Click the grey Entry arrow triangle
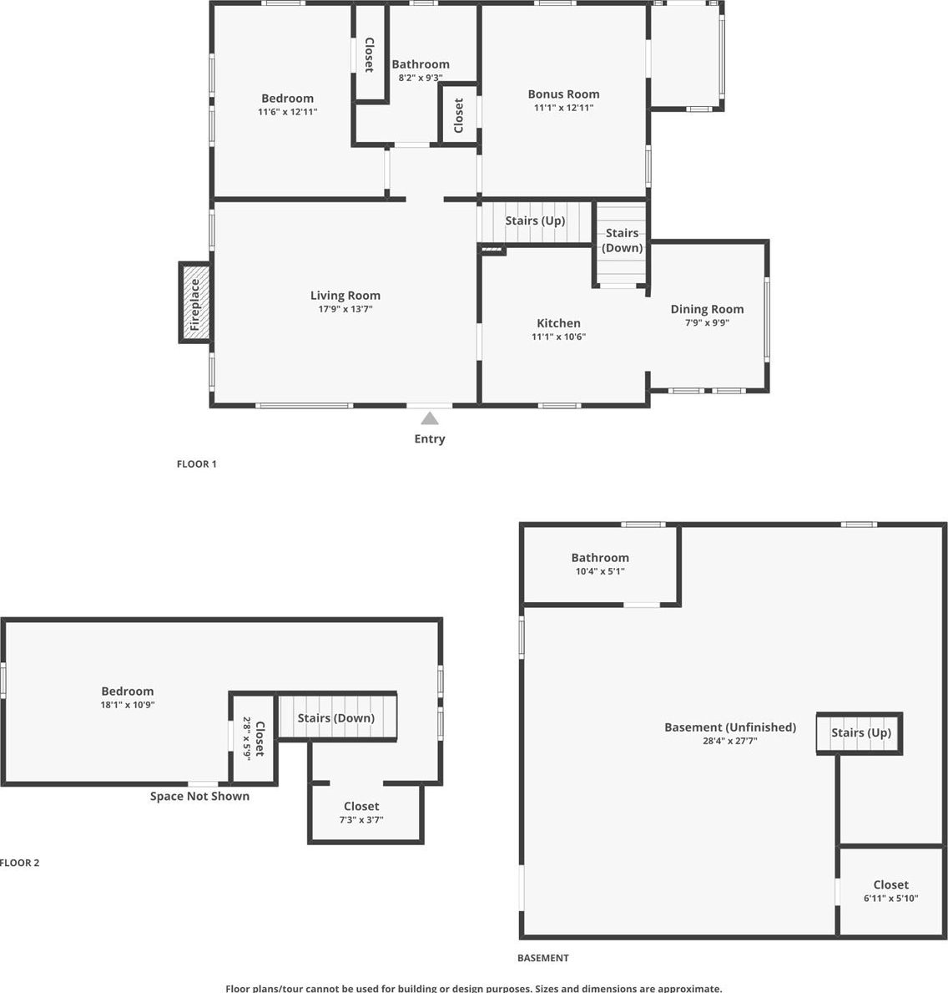click(430, 418)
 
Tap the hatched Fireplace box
click(195, 302)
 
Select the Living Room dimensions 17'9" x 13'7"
click(345, 309)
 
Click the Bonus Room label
click(564, 94)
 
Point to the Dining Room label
click(707, 309)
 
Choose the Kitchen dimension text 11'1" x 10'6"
click(558, 337)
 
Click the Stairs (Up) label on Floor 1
click(536, 220)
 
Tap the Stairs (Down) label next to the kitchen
click(622, 240)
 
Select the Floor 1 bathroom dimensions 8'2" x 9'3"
click(421, 78)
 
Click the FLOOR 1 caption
click(197, 464)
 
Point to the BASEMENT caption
click(543, 958)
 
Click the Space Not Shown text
click(199, 796)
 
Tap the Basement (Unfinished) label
click(730, 727)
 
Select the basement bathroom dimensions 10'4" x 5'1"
click(600, 571)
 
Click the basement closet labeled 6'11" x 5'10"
click(891, 890)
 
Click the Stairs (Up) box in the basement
click(860, 733)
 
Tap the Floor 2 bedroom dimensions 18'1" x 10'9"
click(128, 705)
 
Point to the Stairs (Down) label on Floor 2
click(336, 718)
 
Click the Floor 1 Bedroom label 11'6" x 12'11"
click(287, 104)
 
